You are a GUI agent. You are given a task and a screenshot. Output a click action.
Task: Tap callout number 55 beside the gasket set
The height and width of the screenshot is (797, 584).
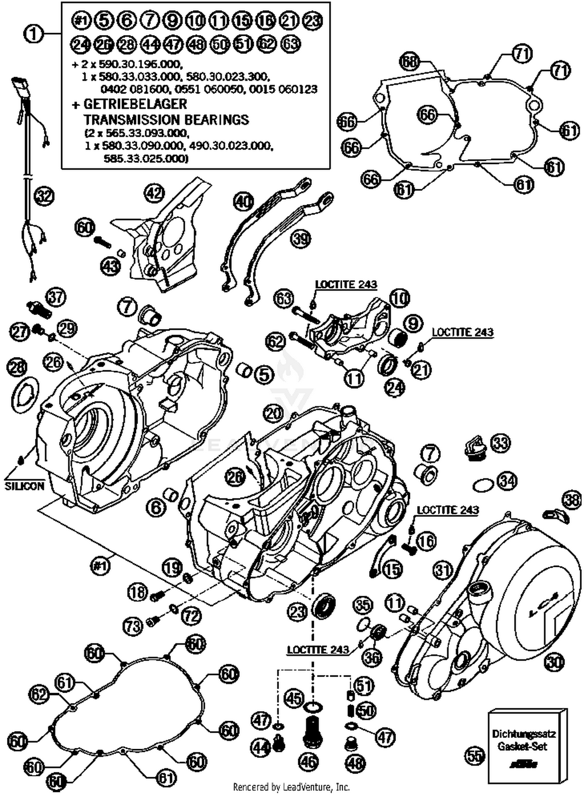pos(475,756)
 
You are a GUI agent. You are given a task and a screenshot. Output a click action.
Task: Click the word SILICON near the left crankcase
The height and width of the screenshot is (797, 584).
pos(25,486)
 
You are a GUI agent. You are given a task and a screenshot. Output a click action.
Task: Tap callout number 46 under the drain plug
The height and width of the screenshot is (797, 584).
pos(309,762)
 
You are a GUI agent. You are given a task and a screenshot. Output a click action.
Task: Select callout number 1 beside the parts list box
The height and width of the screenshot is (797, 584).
pos(34,34)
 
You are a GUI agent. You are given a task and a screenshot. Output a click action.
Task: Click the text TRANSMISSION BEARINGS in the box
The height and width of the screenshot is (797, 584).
pos(166,119)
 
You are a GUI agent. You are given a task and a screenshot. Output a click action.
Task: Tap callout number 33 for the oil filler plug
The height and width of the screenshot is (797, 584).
pos(500,443)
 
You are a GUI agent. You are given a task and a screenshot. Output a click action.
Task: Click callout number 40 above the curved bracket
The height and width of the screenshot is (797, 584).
pos(244,202)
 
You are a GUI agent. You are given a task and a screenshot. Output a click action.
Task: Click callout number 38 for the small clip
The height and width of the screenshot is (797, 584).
pos(572,500)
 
